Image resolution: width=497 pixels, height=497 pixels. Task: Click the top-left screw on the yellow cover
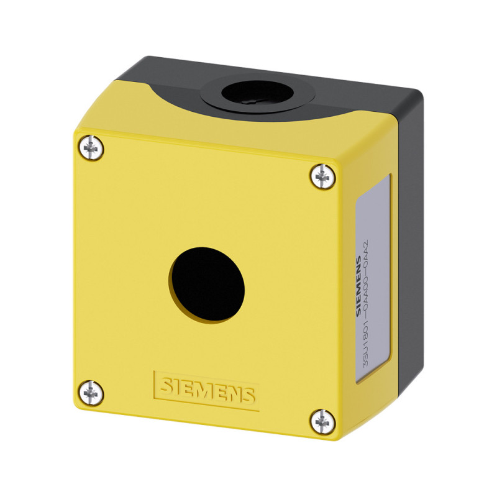point(91,148)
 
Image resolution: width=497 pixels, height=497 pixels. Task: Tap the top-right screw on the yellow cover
point(322,176)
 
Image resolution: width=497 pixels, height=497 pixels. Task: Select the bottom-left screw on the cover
point(91,393)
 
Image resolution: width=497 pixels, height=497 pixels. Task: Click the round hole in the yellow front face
point(206,285)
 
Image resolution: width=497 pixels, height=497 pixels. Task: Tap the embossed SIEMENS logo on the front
point(207,390)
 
